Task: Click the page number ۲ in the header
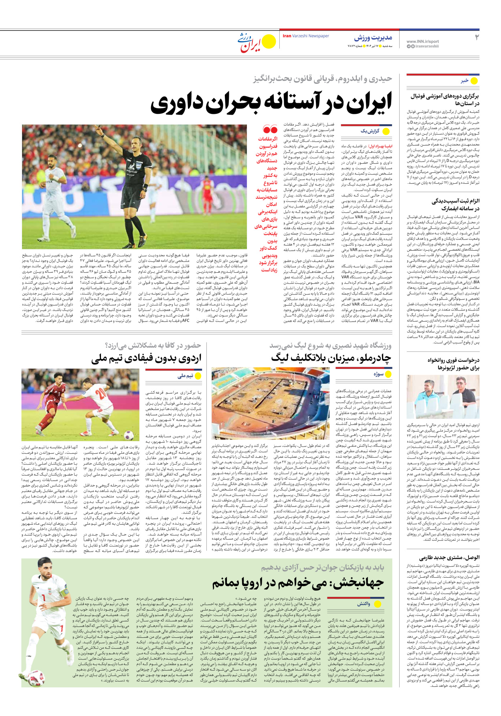(x=477, y=37)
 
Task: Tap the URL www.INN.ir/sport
(x=422, y=41)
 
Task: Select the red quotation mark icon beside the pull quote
(x=270, y=130)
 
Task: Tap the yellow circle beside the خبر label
(x=474, y=81)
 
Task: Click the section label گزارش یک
(x=370, y=131)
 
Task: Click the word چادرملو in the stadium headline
(x=372, y=358)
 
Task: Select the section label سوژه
(x=378, y=374)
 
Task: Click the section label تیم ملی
(x=186, y=376)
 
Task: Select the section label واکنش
(x=364, y=604)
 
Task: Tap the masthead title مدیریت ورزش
(x=373, y=38)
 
